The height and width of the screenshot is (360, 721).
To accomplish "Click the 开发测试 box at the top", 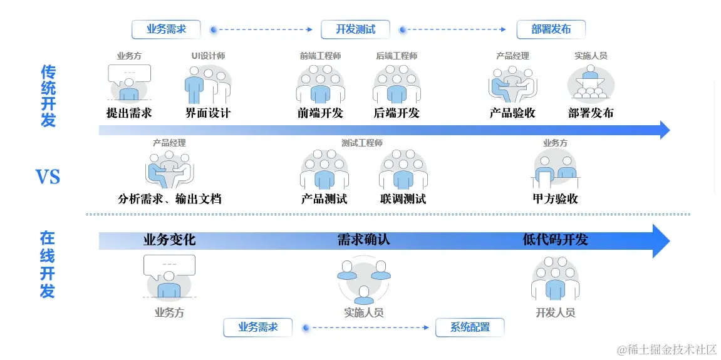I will coord(355,29).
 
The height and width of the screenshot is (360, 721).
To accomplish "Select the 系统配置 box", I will coord(469,327).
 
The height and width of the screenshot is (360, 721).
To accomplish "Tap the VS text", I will coord(48,177).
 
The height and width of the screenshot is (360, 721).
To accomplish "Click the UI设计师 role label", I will coord(208,56).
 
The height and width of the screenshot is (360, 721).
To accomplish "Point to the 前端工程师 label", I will coord(320,56).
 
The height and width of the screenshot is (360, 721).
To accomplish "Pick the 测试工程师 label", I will coord(361,143).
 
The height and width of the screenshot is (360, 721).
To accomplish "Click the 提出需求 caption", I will coord(129,113).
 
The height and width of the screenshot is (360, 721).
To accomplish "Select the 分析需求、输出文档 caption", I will coord(169,199).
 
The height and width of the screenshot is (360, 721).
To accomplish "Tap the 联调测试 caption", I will coord(403,199).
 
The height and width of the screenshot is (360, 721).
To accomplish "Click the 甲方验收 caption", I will coord(555,199).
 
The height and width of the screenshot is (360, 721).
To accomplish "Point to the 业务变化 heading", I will coord(169,240).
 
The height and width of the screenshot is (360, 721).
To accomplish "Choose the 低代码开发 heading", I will coord(555,240).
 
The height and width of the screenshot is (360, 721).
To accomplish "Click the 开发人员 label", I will coord(555,312).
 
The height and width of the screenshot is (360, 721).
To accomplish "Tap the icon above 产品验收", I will coord(512,84).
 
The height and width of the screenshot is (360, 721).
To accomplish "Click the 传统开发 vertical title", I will coord(48,95).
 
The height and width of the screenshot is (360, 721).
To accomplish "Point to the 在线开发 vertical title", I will coord(48,264).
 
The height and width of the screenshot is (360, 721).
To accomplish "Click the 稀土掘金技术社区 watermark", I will coord(667,349).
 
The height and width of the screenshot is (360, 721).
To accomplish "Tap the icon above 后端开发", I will coord(397,84).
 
